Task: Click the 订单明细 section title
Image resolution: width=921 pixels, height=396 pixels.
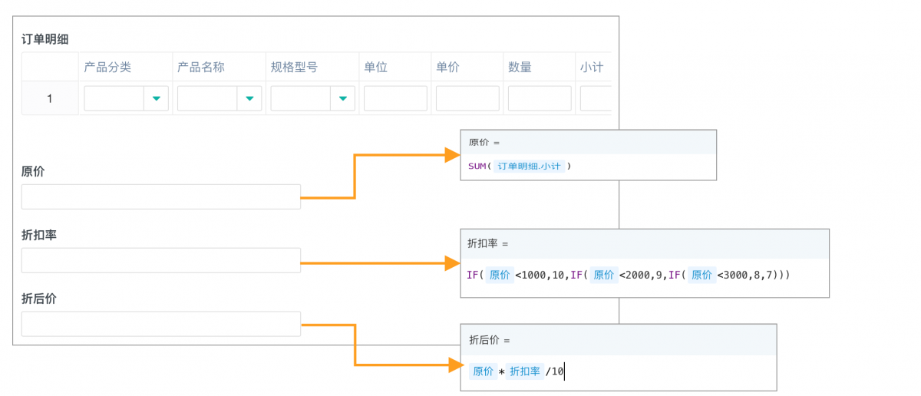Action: click(45, 39)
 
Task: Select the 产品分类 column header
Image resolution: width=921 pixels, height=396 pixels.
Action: click(107, 67)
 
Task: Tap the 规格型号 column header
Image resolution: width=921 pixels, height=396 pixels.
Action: click(294, 67)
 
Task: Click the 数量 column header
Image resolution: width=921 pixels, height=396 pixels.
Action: click(520, 67)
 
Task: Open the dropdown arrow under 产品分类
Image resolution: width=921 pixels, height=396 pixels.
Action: click(157, 98)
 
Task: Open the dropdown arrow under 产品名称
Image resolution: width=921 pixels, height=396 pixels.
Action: click(249, 98)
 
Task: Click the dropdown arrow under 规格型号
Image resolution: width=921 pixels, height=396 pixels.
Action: click(343, 98)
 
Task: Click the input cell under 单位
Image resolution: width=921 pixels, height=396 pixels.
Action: click(395, 98)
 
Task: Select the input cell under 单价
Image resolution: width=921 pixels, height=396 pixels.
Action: click(467, 98)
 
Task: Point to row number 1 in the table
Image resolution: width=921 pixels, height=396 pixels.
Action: click(50, 99)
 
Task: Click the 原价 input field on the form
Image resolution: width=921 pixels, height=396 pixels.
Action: click(160, 197)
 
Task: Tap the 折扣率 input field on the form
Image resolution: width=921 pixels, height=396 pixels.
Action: click(160, 260)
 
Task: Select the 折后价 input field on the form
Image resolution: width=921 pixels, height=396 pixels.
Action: click(160, 324)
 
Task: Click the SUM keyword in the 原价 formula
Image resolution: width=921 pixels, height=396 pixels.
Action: click(477, 166)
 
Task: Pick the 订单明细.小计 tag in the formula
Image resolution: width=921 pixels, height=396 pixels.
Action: click(529, 166)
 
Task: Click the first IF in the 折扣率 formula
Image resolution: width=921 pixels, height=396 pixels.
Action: click(472, 275)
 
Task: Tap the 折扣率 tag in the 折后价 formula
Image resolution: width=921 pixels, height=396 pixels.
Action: click(525, 371)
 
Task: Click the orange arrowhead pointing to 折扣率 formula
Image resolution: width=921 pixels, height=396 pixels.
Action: click(452, 263)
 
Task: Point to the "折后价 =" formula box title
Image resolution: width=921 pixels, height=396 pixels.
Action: click(490, 340)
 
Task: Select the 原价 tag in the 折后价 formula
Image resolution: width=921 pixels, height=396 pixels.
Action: click(483, 371)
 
